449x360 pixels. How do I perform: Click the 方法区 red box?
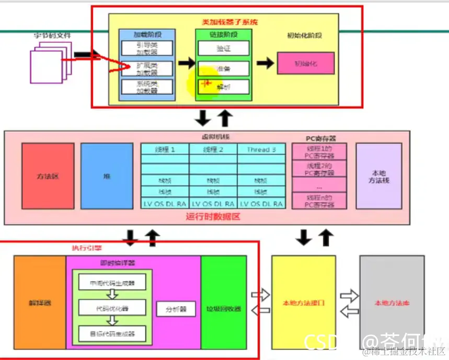pyautogui.click(x=48, y=176)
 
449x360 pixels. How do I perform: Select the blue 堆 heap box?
pyautogui.click(x=107, y=176)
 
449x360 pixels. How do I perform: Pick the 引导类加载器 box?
pyautogui.click(x=140, y=48)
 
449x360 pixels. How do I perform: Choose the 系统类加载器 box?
pyautogui.click(x=140, y=87)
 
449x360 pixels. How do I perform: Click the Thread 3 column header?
pyautogui.click(x=262, y=149)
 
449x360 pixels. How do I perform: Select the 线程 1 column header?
pyautogui.click(x=165, y=149)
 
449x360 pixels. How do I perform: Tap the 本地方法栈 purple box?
pyautogui.click(x=378, y=176)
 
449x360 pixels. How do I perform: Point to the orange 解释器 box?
pyautogui.click(x=40, y=302)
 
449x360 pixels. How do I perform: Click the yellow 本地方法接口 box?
pyautogui.click(x=304, y=303)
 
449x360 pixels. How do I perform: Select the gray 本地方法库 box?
pyautogui.click(x=391, y=303)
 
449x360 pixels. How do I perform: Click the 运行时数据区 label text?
pyautogui.click(x=213, y=216)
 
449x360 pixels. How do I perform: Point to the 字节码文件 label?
pyautogui.click(x=53, y=36)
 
